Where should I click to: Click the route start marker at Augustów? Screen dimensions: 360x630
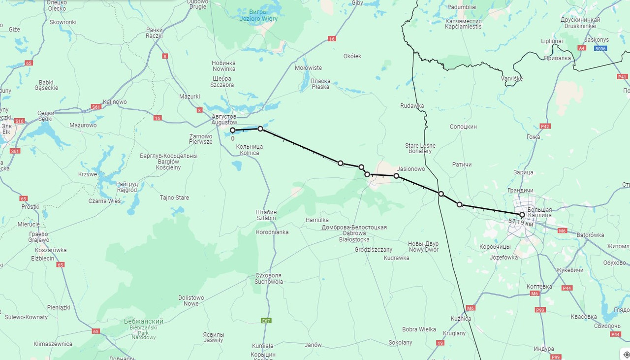point(232,131)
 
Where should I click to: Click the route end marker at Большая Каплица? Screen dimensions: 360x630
point(522,215)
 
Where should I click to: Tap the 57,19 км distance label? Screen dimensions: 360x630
point(521,223)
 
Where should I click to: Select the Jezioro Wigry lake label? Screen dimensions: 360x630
point(258,16)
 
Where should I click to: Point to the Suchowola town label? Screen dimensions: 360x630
point(268,279)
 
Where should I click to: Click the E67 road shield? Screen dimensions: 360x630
point(266,321)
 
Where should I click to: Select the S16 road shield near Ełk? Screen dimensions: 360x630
point(19,121)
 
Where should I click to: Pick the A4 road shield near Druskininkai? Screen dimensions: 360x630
point(582,48)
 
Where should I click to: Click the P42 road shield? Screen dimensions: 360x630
point(545,127)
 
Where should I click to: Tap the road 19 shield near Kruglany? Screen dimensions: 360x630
point(440,343)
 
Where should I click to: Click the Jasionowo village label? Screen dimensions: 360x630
point(410,169)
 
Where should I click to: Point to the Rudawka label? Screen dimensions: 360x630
point(412,106)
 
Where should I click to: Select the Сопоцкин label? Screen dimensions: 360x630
point(463,127)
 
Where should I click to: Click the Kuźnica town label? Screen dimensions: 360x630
point(461,319)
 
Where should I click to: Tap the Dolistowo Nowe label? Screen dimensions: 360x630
point(191,300)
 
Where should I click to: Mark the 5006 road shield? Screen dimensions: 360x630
point(600,48)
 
